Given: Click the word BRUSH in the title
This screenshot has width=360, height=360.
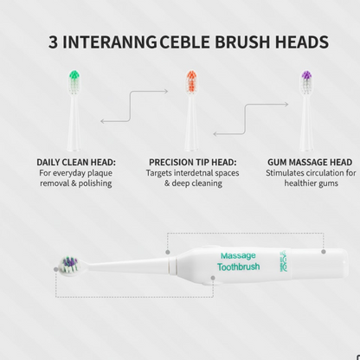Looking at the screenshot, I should pyautogui.click(x=235, y=42).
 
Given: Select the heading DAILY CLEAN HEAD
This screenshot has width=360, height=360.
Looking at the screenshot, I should pyautogui.click(x=76, y=162).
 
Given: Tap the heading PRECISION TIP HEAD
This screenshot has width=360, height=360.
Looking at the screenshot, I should pyautogui.click(x=193, y=162).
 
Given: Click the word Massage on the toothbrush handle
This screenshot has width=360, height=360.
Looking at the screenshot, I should pyautogui.click(x=238, y=255).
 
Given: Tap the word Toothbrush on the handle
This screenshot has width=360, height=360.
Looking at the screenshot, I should pyautogui.click(x=238, y=267).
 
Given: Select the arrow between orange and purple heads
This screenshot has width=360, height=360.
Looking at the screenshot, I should pyautogui.click(x=244, y=118).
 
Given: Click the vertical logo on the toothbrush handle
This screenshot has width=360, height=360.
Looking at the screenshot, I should pyautogui.click(x=284, y=259).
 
